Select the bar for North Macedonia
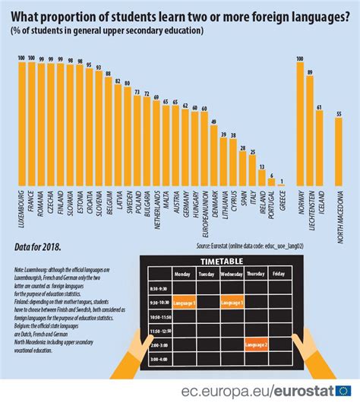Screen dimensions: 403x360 point(338,151)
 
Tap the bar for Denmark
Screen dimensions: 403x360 point(214,157)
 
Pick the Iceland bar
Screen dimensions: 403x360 point(319,148)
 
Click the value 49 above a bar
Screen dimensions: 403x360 point(214,122)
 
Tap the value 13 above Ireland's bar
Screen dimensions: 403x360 point(262,167)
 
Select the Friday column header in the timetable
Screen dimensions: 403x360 point(279,273)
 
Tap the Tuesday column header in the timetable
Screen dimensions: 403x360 point(207,273)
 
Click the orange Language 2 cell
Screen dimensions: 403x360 point(256,344)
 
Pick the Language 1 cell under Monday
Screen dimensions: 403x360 point(184,303)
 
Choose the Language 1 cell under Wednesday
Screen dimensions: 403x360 point(232,303)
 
